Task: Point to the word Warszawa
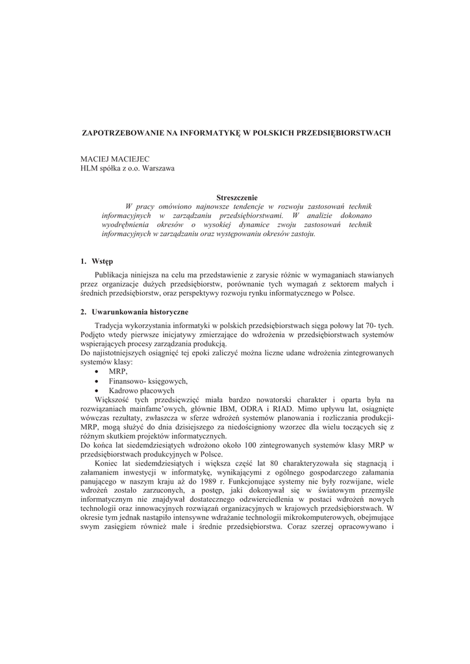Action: pos(158,169)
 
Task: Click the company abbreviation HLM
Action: pos(89,169)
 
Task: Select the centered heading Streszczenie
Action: pos(237,197)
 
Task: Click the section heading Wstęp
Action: pos(102,261)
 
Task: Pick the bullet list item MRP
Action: pos(118,372)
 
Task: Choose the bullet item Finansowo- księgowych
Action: pos(148,381)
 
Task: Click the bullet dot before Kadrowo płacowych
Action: pos(97,392)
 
